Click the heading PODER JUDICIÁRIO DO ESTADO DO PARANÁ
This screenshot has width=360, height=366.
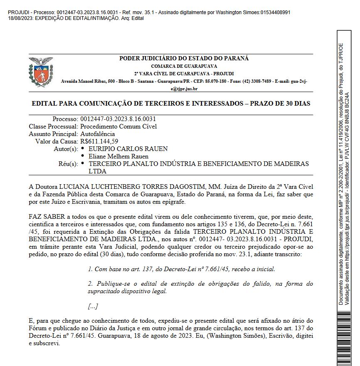coord(184,59)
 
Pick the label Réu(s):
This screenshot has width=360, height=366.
coord(68,164)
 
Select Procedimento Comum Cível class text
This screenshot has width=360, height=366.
coord(118,126)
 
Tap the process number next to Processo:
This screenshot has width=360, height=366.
coord(118,119)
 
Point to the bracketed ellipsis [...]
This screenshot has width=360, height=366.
coord(93,307)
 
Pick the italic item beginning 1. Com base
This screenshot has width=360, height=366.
coord(181,269)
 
